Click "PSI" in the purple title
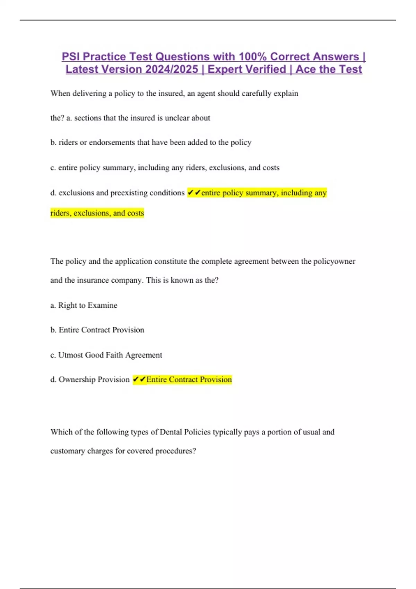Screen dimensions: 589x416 pyautogui.click(x=71, y=56)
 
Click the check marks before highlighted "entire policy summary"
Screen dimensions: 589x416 pyautogui.click(x=194, y=192)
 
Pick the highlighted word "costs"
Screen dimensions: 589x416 pyautogui.click(x=136, y=213)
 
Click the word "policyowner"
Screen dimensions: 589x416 pyautogui.click(x=334, y=261)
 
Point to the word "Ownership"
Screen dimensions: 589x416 pyautogui.click(x=77, y=379)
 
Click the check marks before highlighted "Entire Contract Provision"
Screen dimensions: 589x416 pyautogui.click(x=139, y=379)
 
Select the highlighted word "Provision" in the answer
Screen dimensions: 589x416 pyautogui.click(x=216, y=379)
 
